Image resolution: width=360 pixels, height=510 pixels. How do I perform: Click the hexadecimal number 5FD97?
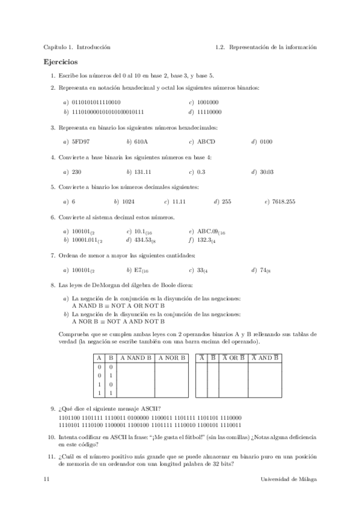click(81, 142)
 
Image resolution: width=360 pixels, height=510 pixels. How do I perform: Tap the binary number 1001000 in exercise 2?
click(207, 102)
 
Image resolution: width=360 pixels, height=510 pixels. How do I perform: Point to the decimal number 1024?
click(128, 201)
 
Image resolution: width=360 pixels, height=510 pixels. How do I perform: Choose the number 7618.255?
click(284, 201)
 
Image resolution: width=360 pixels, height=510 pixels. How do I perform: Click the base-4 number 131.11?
click(142, 172)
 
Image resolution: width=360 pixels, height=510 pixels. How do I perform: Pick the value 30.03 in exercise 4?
click(267, 172)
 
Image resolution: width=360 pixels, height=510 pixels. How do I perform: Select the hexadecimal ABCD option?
click(206, 142)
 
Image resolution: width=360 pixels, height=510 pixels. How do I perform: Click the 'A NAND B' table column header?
click(136, 358)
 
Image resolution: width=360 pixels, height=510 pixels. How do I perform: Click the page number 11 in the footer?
click(46, 479)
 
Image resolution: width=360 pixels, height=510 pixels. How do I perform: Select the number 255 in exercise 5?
click(227, 201)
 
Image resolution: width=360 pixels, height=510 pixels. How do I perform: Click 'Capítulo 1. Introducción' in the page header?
click(77, 47)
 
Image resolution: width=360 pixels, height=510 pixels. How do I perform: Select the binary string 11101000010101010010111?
click(108, 112)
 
